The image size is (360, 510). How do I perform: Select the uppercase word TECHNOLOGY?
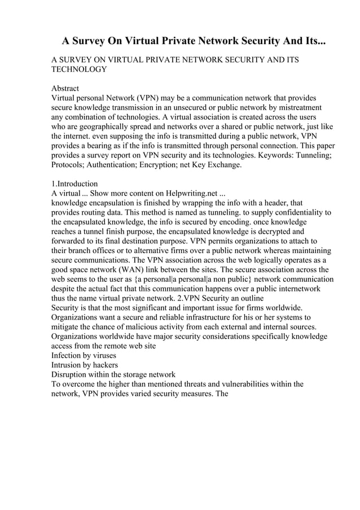[x=79, y=69]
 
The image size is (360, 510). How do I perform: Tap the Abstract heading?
[x=65, y=89]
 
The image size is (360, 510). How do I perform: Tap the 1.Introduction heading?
[x=74, y=184]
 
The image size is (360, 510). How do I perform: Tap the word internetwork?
[x=297, y=289]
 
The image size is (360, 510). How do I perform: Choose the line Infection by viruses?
[x=84, y=356]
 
